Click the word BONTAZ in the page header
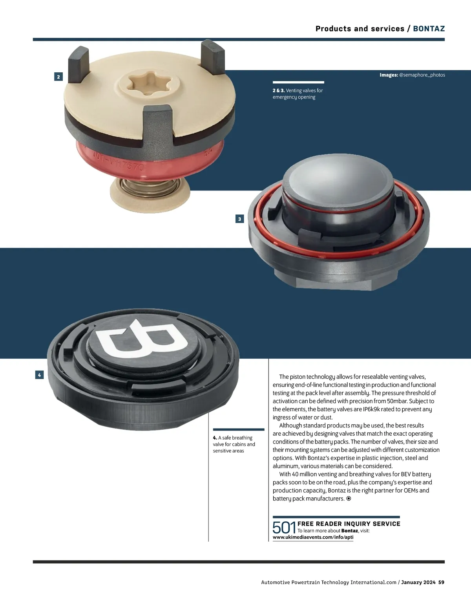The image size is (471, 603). (429, 29)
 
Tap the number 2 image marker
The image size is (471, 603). (58, 77)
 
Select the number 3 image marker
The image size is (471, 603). (239, 219)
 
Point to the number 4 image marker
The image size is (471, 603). (39, 375)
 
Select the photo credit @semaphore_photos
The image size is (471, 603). (422, 75)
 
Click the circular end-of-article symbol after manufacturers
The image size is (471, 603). (349, 499)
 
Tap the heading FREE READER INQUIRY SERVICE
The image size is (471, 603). (349, 524)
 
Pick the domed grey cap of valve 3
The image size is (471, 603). (338, 180)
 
